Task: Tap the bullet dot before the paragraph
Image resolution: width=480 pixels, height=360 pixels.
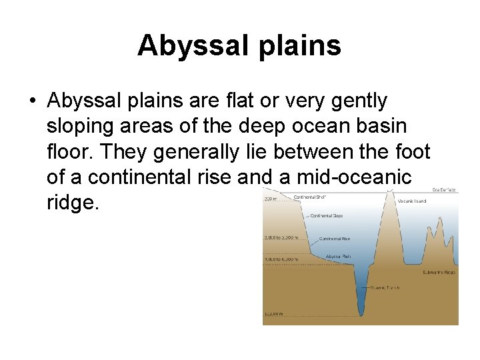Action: [33, 101]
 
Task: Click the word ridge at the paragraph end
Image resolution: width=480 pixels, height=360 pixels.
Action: [73, 203]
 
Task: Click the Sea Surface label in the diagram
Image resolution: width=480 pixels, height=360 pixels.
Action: [444, 190]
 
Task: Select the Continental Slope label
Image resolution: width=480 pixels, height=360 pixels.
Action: [327, 215]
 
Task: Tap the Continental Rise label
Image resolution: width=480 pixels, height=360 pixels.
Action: [335, 239]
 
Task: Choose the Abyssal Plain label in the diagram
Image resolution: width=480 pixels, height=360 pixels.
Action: [339, 257]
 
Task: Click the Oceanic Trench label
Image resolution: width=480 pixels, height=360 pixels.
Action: [384, 287]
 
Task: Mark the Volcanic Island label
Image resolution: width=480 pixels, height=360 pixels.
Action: [413, 201]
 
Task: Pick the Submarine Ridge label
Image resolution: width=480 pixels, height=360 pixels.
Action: [439, 272]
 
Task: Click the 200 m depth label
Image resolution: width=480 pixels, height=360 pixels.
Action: [270, 198]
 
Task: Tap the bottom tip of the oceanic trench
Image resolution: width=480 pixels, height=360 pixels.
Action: [361, 315]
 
